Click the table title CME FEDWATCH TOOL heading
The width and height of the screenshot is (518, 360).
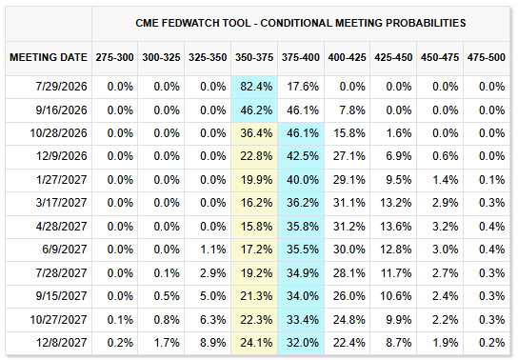tap(300, 23)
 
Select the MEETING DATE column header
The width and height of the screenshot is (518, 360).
tap(49, 57)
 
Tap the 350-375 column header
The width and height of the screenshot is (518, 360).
tap(254, 57)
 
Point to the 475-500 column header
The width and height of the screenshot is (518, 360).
tap(486, 57)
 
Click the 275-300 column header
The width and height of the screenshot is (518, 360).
tap(114, 57)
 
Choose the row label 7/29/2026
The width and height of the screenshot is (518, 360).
tap(61, 87)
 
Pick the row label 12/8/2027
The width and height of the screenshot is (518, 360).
tap(61, 343)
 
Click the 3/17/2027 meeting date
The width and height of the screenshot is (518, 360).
tap(61, 203)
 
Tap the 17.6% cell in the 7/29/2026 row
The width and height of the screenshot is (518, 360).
tap(303, 87)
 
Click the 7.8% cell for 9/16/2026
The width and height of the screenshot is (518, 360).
tap(352, 110)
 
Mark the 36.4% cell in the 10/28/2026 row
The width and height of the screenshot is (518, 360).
tap(256, 133)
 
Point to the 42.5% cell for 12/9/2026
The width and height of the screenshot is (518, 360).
tap(303, 156)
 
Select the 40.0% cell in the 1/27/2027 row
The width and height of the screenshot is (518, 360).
tap(303, 180)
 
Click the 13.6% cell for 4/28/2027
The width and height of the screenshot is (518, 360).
tap(396, 227)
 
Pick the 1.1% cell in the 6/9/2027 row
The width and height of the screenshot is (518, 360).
tap(212, 250)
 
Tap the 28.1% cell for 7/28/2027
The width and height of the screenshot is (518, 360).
tap(349, 273)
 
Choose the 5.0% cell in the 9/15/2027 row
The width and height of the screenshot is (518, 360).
tap(212, 296)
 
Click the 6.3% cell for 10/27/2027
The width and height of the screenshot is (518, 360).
tap(212, 320)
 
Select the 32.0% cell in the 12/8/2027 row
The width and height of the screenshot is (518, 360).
tap(303, 343)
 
